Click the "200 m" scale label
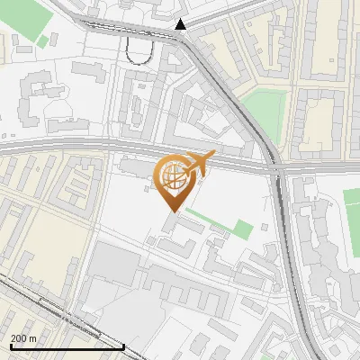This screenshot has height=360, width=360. point(23,337)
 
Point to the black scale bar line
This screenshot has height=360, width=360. point(67,346)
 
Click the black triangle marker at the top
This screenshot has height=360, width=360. point(181,24)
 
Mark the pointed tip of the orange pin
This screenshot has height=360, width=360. point(171,210)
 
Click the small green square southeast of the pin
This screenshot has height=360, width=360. point(243,229)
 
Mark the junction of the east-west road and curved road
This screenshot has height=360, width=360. point(274,166)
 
